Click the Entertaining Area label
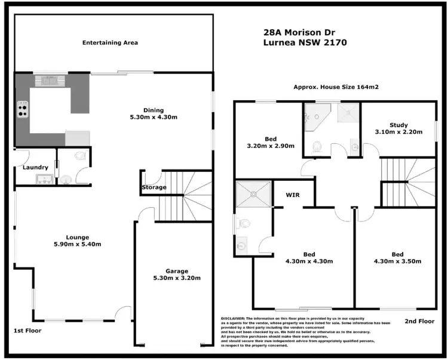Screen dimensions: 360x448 [x=110, y=42]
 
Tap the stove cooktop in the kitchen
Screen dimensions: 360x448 [x=23, y=110]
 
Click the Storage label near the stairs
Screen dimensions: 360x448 [x=154, y=187]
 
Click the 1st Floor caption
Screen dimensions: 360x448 [x=28, y=330]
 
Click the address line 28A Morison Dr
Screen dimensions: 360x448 [x=297, y=34]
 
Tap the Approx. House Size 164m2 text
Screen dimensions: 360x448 [x=336, y=87]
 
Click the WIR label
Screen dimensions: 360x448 [x=293, y=195]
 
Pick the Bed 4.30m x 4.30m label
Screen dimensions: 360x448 [x=309, y=258]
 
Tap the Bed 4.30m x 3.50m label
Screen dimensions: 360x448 [x=397, y=258]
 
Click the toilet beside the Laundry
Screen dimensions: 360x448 [x=82, y=156]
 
